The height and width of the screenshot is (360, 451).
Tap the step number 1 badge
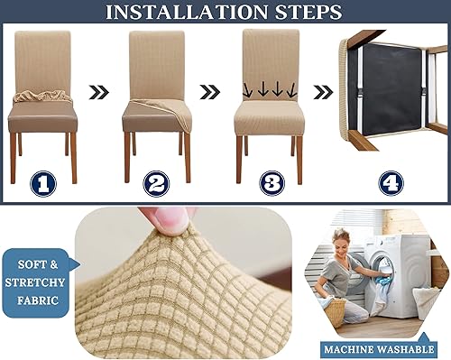[x=42, y=184]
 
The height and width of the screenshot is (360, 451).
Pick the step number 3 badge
[x=270, y=184]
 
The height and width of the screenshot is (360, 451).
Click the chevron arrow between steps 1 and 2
[x=99, y=91]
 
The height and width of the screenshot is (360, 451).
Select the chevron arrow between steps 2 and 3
[x=209, y=91]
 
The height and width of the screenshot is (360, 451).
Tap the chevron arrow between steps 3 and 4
[x=322, y=91]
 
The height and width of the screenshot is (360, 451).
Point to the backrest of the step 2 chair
[x=157, y=63]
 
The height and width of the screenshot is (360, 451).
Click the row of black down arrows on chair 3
[x=270, y=90]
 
